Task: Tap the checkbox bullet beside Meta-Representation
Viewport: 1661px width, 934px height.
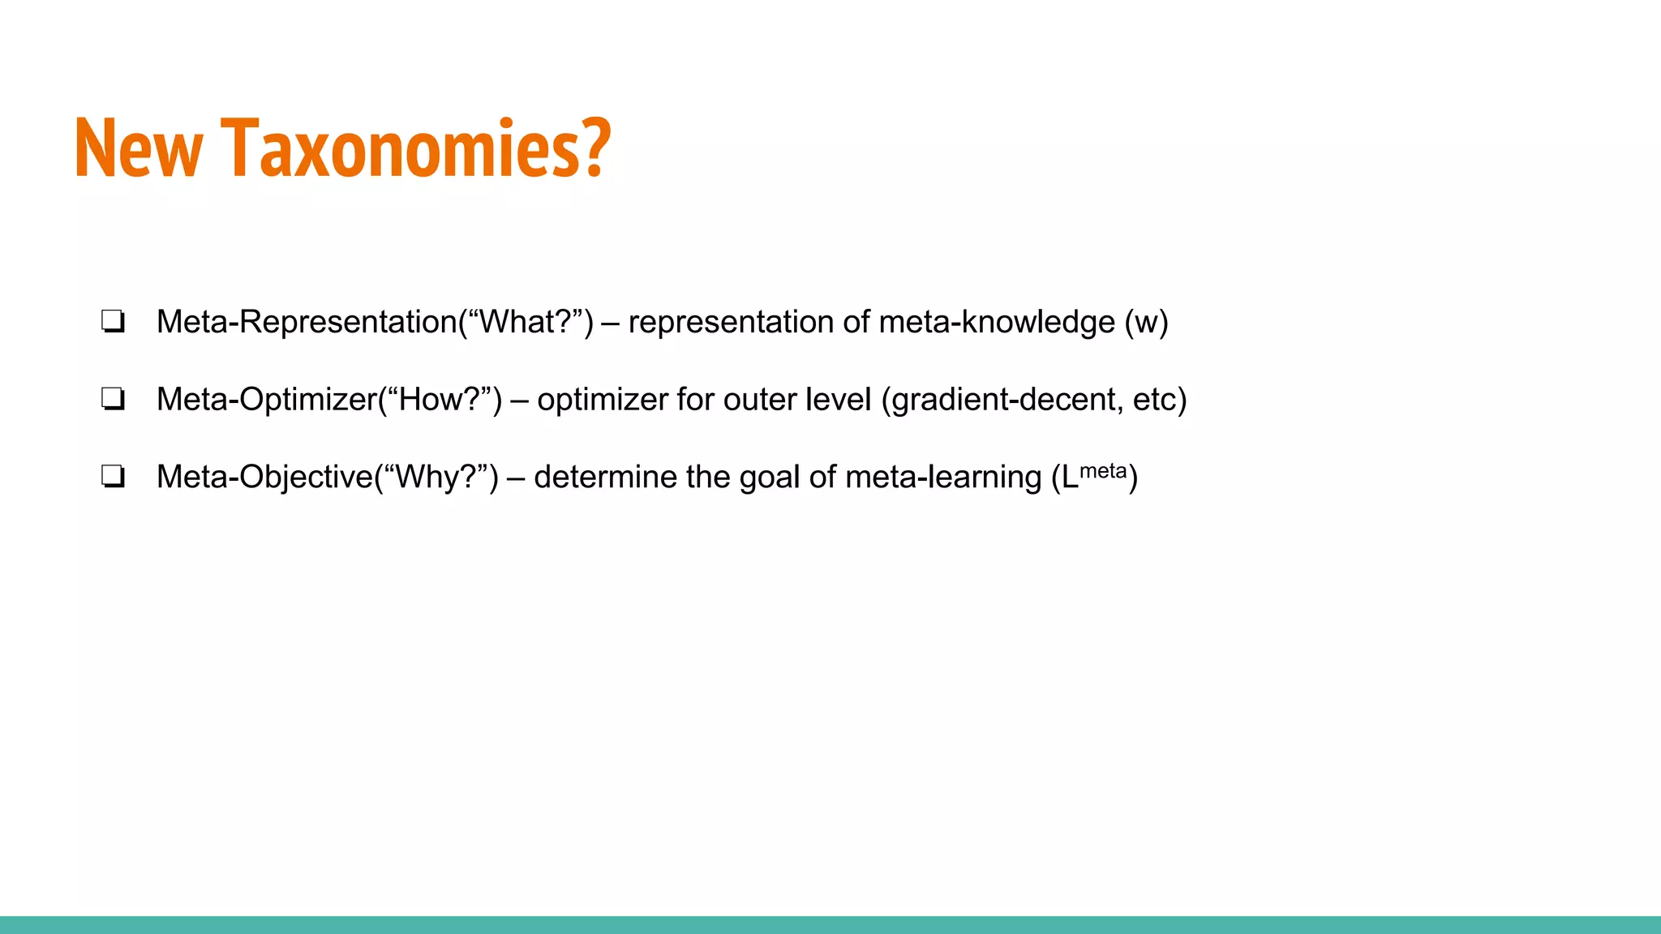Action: click(113, 322)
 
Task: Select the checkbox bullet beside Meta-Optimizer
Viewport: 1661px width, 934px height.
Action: click(113, 399)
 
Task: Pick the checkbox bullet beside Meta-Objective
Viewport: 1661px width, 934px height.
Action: click(113, 477)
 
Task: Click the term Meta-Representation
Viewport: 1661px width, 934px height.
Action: click(307, 322)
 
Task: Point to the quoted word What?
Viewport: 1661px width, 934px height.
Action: click(526, 322)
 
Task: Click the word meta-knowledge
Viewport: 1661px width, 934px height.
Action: click(997, 322)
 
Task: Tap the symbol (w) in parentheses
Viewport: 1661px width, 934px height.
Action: click(1146, 322)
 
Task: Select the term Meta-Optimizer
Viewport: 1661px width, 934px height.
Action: click(267, 399)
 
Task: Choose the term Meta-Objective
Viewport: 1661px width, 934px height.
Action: click(264, 478)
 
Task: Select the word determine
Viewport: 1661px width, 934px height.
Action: click(605, 477)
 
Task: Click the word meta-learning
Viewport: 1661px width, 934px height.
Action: click(943, 478)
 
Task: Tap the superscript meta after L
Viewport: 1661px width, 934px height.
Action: click(1103, 471)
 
